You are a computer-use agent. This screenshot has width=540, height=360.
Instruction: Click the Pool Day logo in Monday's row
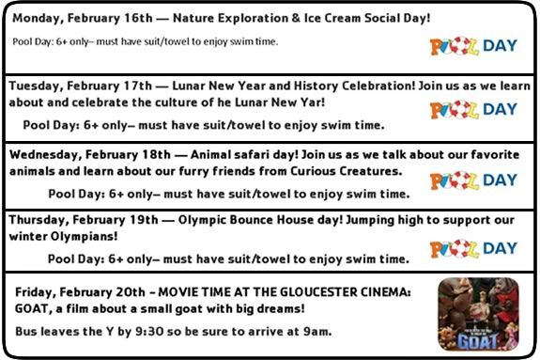click(473, 46)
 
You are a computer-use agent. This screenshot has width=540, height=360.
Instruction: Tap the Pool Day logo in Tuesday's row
click(473, 109)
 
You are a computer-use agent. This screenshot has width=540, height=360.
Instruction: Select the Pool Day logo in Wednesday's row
click(473, 180)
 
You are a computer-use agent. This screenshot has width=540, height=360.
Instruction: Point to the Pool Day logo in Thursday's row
click(473, 248)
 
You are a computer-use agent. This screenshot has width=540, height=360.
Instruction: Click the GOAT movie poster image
click(479, 315)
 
